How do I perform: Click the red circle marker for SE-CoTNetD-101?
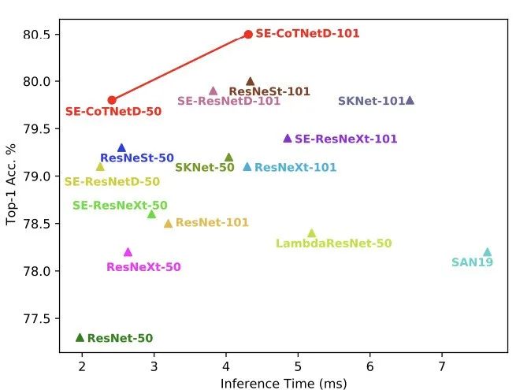click(x=248, y=35)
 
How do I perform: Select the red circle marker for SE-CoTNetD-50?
click(x=112, y=100)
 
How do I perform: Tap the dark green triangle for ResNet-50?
click(x=80, y=337)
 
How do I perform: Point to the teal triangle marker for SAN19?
click(x=487, y=252)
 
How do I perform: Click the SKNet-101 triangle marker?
click(x=410, y=100)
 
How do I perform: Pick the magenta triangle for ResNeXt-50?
click(x=128, y=252)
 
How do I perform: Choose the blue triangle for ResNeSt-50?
click(x=121, y=147)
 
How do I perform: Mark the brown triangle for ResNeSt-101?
click(x=251, y=81)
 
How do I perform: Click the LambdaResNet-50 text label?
click(x=333, y=243)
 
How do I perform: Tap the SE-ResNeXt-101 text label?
click(x=346, y=139)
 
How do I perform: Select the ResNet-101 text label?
click(x=212, y=223)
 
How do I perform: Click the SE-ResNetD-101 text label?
click(x=228, y=101)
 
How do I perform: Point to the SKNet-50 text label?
click(x=204, y=168)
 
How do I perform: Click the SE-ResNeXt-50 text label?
click(x=120, y=206)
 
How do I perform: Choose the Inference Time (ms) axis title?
click(x=283, y=383)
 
